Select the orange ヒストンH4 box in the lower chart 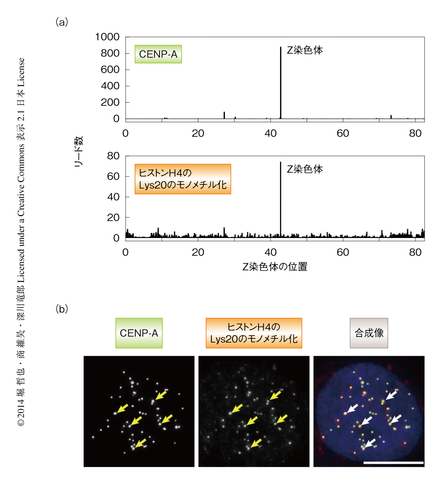182,179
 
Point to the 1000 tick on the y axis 107,37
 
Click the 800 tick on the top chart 111,54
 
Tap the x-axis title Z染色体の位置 274,267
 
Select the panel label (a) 62,21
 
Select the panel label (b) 62,309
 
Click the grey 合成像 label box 369,333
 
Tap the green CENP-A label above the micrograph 139,333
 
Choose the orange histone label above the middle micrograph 253,333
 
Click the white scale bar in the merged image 393,462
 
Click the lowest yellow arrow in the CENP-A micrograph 140,442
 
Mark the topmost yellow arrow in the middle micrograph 275,396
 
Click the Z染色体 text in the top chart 304,50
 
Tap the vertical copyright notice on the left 21,243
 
